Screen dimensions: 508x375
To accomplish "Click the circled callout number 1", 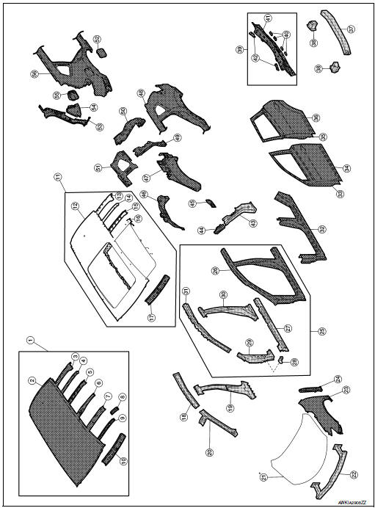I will [30, 340].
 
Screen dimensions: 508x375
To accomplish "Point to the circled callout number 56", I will [34, 73].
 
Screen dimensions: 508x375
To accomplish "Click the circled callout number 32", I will [322, 230].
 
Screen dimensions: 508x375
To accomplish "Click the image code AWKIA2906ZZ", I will [354, 503].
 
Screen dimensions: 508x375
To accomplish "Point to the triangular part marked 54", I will [74, 109].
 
